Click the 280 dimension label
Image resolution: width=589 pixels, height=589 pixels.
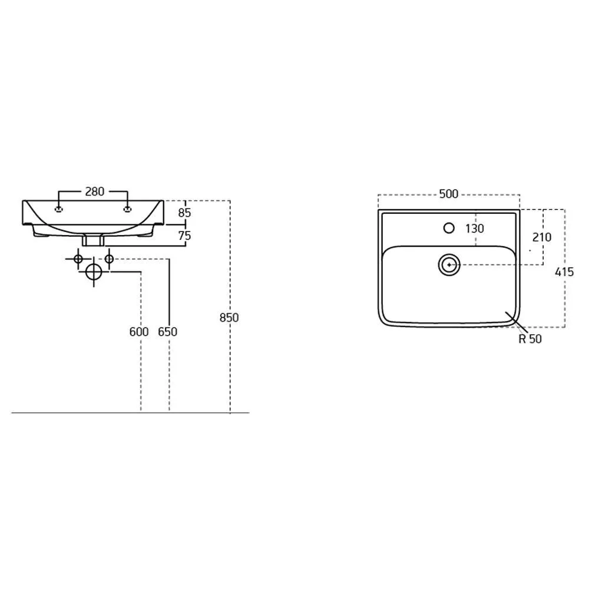(94, 191)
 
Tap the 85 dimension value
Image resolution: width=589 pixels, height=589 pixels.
(184, 213)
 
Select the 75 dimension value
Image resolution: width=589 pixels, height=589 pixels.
(184, 236)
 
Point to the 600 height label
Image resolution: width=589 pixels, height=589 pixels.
(139, 332)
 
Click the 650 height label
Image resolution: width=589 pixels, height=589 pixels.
(167, 332)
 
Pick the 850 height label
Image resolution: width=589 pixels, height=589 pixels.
(229, 318)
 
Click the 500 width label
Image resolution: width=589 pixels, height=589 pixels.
(449, 194)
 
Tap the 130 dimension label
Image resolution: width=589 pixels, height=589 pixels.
(475, 229)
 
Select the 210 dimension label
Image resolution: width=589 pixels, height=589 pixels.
(542, 237)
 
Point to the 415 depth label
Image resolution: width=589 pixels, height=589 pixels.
(564, 272)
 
